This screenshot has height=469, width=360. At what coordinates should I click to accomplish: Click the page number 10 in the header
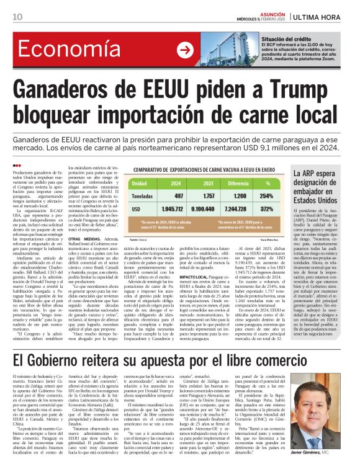[x=17, y=16]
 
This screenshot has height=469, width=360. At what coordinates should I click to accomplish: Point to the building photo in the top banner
[x=221, y=50]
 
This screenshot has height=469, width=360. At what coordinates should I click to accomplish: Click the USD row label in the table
[x=136, y=209]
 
